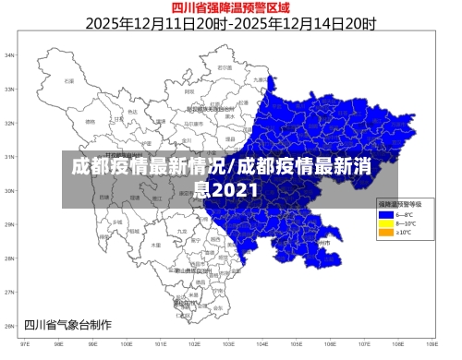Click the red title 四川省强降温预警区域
pos(230,8)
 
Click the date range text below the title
pos(230,24)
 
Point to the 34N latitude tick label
pos(11,55)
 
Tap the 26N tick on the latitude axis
pos(11,325)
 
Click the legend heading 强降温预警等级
pos(399,203)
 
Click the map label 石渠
pos(68,81)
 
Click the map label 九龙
pos(181,231)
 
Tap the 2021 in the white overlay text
pos(226,190)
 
